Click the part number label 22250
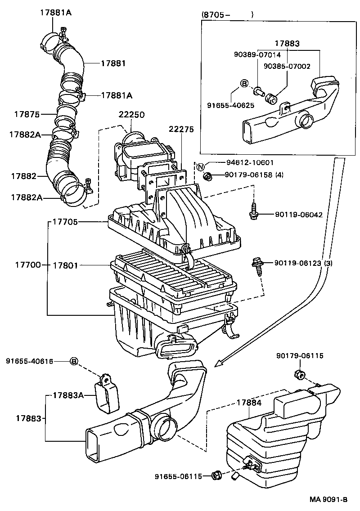pyautogui.click(x=131, y=115)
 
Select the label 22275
pyautogui.click(x=181, y=129)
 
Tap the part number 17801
pyautogui.click(x=66, y=265)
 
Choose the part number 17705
pyautogui.click(x=66, y=222)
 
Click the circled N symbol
pyautogui.click(x=201, y=167)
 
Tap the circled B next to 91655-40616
pyautogui.click(x=74, y=361)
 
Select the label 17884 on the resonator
pyautogui.click(x=248, y=403)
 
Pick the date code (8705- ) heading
pyautogui.click(x=227, y=14)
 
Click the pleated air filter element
pyautogui.click(x=175, y=275)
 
